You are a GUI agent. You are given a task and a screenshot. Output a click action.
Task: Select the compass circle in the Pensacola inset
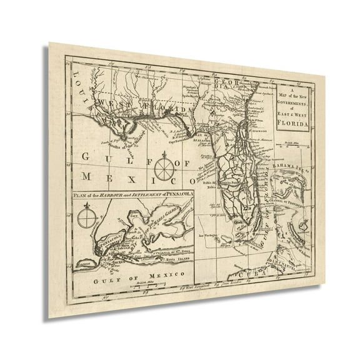point(87,221)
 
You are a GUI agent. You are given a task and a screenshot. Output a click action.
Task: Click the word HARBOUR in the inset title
point(110,199)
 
